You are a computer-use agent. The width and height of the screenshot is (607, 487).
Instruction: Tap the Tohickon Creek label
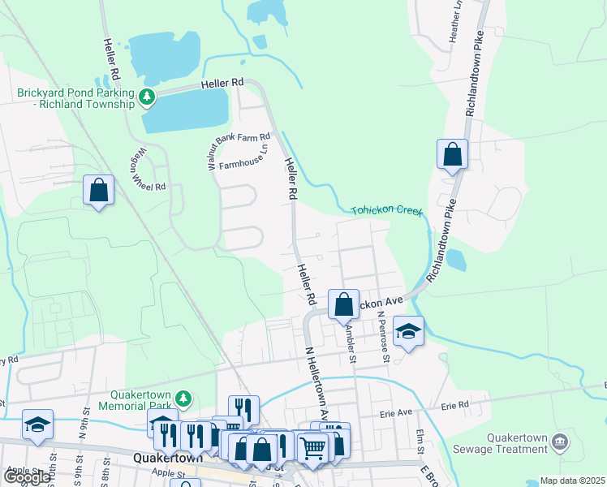point(387,211)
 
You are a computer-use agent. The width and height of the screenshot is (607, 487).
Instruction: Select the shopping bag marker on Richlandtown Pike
point(452,154)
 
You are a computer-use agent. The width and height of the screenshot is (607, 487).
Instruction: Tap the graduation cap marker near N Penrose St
point(408,331)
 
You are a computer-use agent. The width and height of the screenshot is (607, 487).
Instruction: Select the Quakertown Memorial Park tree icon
point(184,399)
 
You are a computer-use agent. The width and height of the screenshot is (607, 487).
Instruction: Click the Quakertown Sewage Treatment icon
point(559,442)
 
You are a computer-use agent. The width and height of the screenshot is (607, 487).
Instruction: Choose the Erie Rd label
point(455,404)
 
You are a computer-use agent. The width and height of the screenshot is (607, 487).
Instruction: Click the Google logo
point(26,477)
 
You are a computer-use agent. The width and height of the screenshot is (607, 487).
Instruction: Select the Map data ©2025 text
point(573,481)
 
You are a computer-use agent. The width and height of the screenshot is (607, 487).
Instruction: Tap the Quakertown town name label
point(161,458)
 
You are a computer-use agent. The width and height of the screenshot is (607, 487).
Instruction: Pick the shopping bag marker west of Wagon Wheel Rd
point(98,191)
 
